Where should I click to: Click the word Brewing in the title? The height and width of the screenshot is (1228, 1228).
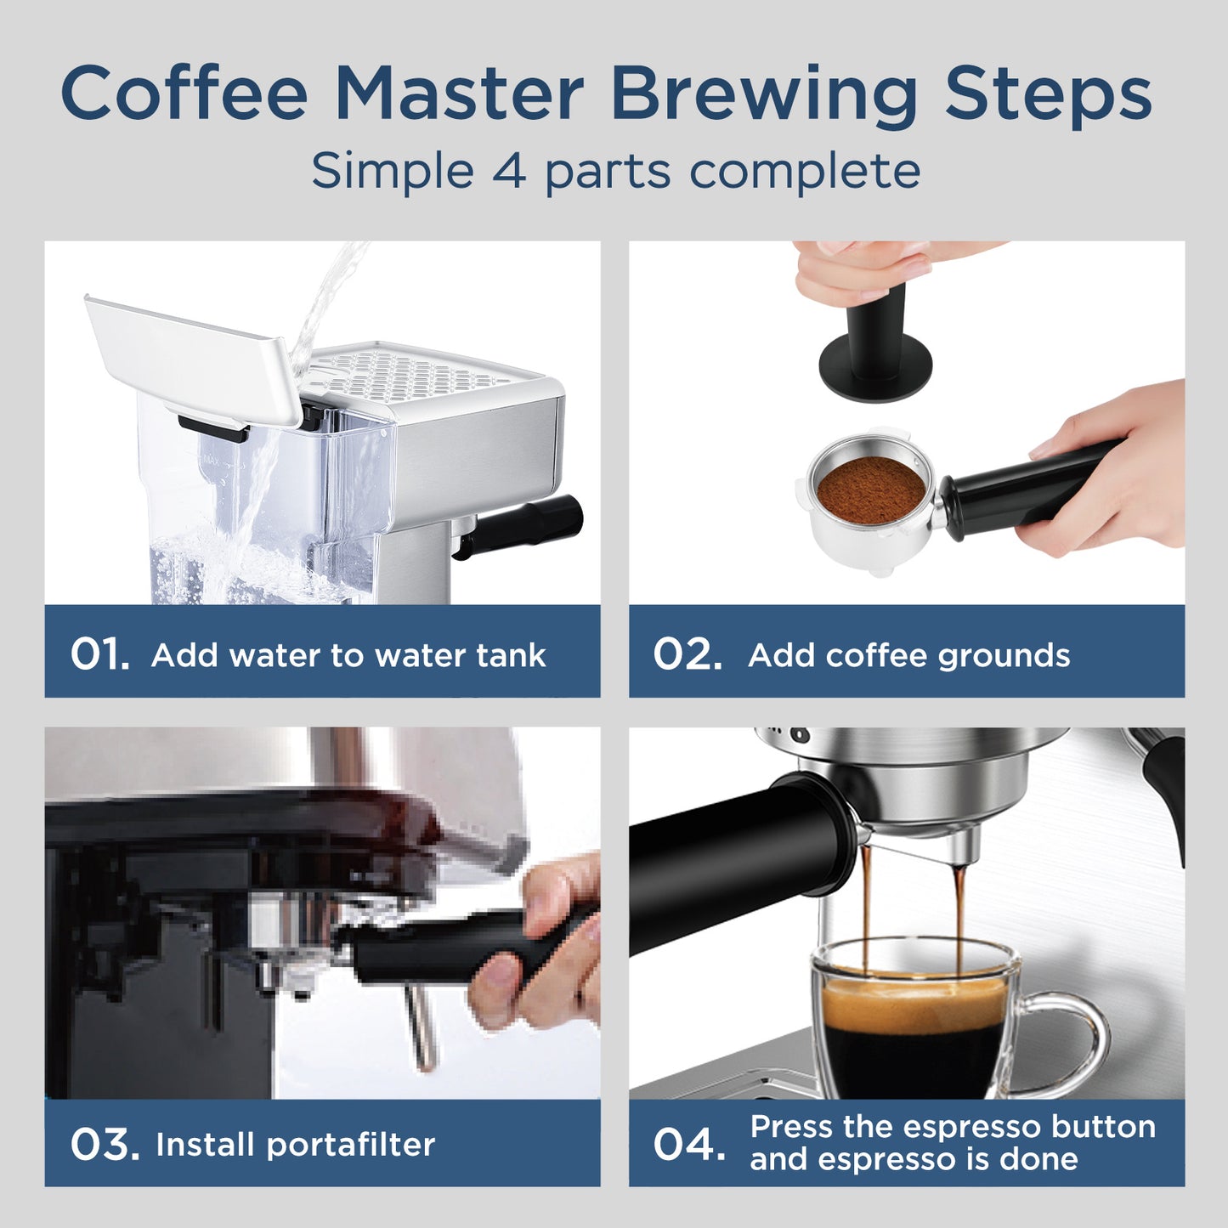[763, 95]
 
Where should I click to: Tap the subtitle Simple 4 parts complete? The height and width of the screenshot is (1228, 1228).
[615, 171]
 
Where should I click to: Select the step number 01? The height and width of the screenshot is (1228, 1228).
[99, 654]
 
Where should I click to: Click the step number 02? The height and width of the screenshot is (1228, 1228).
[687, 654]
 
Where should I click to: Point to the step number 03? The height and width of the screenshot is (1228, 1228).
[104, 1144]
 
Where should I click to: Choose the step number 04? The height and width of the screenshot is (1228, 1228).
[689, 1144]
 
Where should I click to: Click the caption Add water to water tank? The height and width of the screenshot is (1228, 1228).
[348, 655]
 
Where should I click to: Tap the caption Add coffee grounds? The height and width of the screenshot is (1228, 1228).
[908, 655]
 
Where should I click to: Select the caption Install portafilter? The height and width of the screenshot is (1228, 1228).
[295, 1145]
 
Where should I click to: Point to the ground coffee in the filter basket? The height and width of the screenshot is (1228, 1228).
[870, 490]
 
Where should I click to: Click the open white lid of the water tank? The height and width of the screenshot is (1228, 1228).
[191, 357]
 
